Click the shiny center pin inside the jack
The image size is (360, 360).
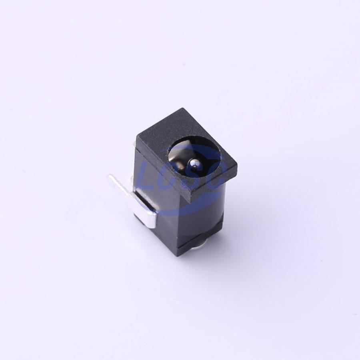click(x=194, y=164)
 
